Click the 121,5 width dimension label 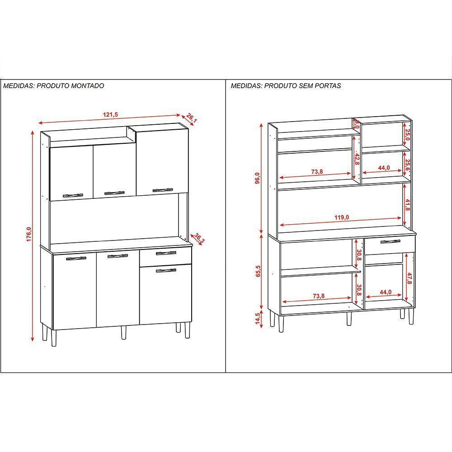tap(110, 115)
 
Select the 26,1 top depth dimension tap(191, 119)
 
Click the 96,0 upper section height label tap(258, 179)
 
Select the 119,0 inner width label tap(342, 217)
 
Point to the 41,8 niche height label tap(407, 205)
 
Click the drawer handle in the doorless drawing tap(390, 242)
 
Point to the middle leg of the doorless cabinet tap(349, 318)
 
